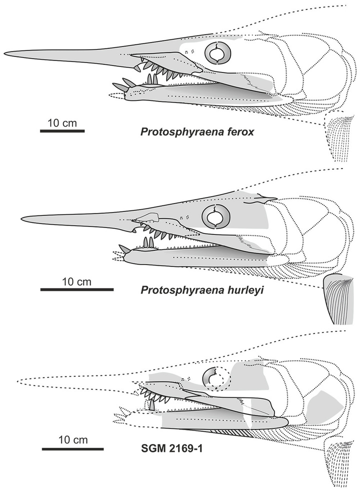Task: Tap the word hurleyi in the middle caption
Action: pos(242,290)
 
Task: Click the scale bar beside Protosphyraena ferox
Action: pos(62,131)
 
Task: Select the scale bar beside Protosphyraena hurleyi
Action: pos(77,289)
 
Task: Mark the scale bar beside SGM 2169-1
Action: pos(73,449)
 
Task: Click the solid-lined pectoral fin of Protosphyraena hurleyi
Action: pos(339,299)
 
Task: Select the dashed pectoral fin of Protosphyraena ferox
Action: pos(339,137)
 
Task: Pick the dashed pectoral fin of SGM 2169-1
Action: pos(339,463)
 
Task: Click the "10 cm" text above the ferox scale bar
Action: pos(62,123)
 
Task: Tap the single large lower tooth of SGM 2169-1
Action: pos(152,405)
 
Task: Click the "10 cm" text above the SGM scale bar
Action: pos(73,440)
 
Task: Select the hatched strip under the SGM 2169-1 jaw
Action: pos(227,432)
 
